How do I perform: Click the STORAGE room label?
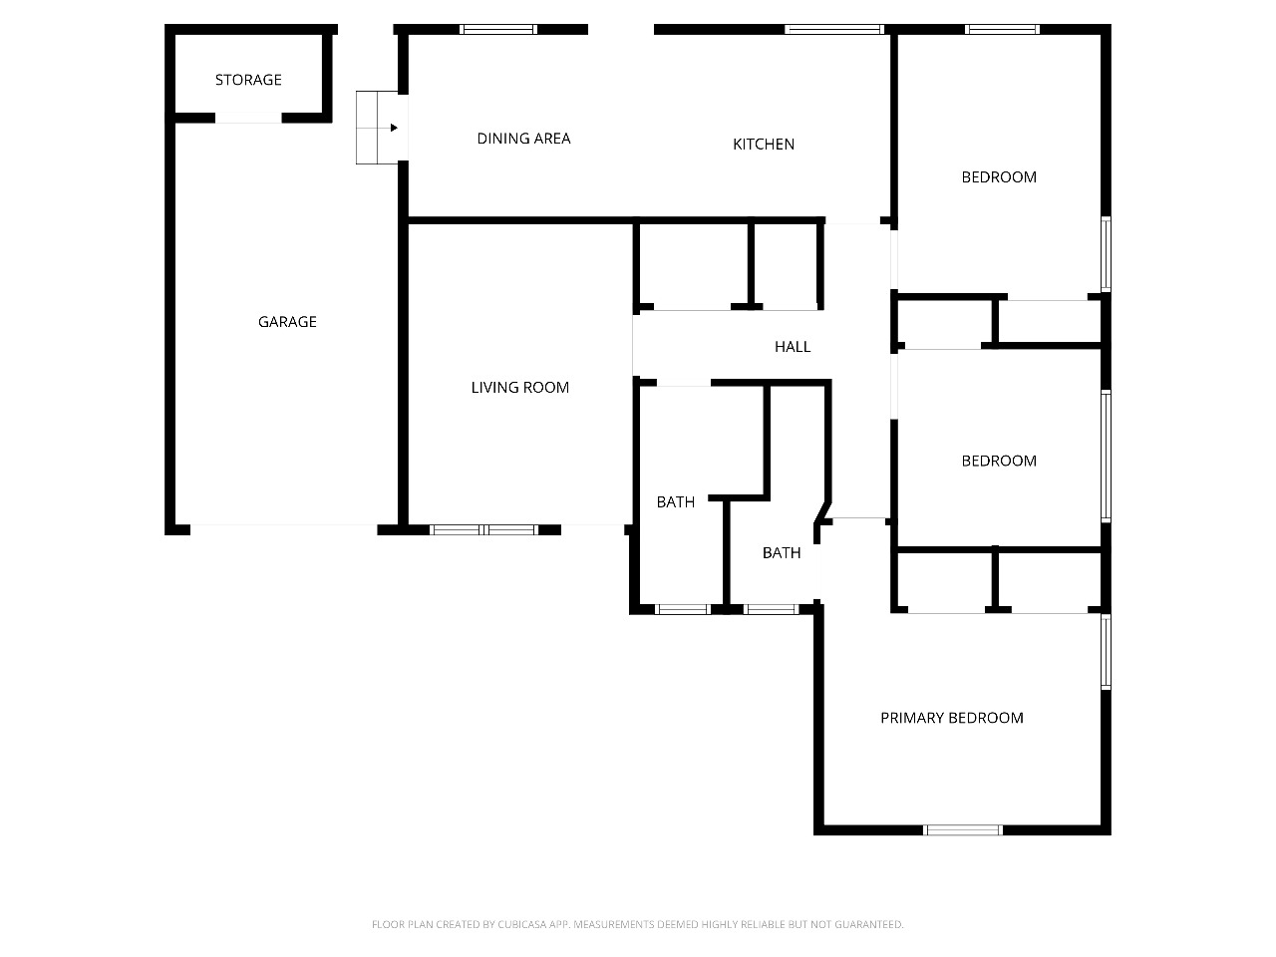tap(248, 80)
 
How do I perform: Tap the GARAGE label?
tap(287, 322)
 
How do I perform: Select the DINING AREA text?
tap(523, 139)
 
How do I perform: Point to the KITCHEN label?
tap(764, 145)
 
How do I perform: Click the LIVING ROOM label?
tap(519, 388)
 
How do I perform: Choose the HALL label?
tap(793, 347)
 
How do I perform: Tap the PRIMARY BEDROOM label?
tap(952, 718)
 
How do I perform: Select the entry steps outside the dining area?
tap(377, 128)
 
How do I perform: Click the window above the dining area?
tap(498, 29)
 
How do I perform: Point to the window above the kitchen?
tap(834, 29)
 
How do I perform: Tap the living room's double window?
tap(483, 530)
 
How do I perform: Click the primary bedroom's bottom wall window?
tap(963, 830)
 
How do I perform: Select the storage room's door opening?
tap(248, 118)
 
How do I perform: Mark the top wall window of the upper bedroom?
tap(1002, 29)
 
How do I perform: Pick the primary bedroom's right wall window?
tap(1107, 652)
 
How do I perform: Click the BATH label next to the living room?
tap(676, 502)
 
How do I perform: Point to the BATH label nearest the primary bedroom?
tap(782, 553)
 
